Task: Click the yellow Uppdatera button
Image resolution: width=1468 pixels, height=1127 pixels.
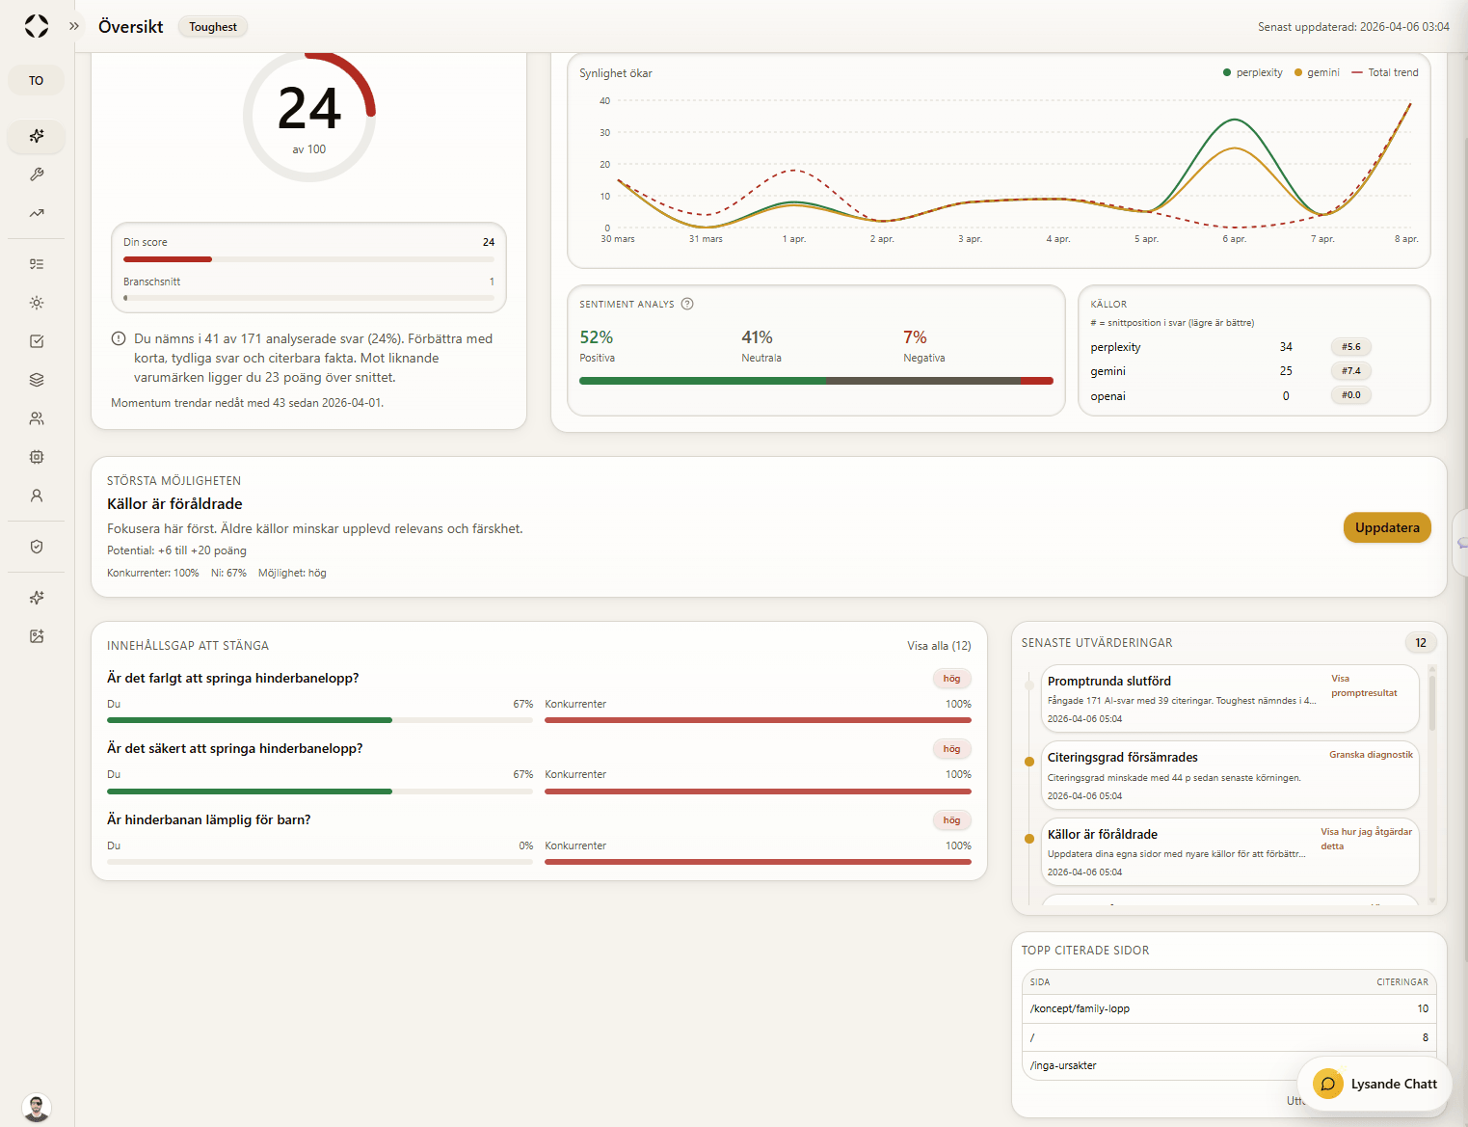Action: [1387, 527]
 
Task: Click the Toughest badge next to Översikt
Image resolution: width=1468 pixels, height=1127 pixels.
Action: [213, 27]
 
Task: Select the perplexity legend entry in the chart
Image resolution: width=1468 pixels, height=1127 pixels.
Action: [1253, 72]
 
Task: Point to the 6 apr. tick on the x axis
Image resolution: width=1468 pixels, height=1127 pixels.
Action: [1234, 238]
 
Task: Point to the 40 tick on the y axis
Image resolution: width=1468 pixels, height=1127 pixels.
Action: [604, 100]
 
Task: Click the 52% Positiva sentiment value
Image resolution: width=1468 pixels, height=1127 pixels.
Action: [597, 337]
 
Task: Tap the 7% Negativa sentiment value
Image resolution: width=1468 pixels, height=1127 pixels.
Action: [915, 337]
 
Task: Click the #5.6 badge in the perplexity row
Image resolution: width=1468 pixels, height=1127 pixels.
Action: [1351, 347]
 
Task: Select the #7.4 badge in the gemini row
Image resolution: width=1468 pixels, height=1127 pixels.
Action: [1351, 371]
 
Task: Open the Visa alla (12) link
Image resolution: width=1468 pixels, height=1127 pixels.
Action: [939, 646]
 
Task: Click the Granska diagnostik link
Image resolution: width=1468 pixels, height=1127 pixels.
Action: [1371, 755]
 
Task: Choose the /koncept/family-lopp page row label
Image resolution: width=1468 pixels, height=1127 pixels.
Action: [1080, 1008]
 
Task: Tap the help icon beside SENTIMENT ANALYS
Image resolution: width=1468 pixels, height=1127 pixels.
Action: [687, 304]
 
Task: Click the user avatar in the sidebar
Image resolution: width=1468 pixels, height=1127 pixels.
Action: [37, 1108]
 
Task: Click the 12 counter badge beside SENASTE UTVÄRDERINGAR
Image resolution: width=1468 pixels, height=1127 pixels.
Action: [1421, 643]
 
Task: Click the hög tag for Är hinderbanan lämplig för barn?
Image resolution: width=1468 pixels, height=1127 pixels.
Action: [951, 820]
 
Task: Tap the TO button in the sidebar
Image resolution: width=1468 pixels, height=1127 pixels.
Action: [36, 80]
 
